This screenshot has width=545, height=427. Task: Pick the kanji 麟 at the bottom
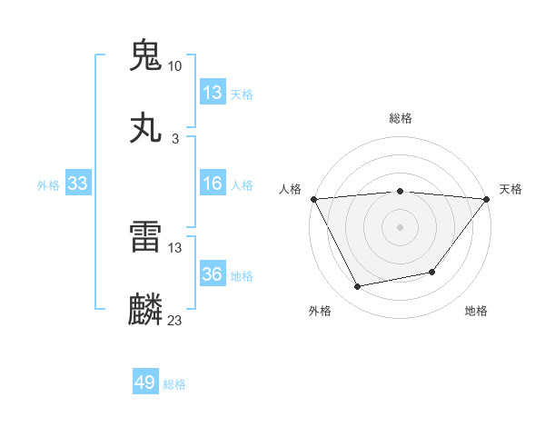tap(146, 310)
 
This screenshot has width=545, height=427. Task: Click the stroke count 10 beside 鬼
tap(175, 66)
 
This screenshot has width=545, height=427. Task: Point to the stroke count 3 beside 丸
tap(175, 139)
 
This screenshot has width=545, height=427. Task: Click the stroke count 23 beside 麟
tap(175, 320)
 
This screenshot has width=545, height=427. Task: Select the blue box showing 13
tap(213, 93)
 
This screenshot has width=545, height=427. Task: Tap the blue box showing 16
tap(213, 184)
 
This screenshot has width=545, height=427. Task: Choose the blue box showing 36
tap(213, 274)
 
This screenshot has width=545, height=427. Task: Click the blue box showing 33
tap(78, 184)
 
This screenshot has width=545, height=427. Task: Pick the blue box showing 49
tap(145, 382)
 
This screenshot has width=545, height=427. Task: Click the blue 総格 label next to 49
tap(174, 384)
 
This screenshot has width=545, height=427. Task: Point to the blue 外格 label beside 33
tap(48, 185)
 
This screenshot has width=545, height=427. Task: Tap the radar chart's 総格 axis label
tap(401, 118)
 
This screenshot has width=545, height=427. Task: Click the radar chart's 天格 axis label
tap(511, 189)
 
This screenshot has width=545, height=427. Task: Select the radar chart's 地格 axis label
tap(476, 311)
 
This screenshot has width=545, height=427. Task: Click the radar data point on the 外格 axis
tap(358, 287)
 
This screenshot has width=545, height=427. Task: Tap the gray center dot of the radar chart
tap(400, 226)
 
